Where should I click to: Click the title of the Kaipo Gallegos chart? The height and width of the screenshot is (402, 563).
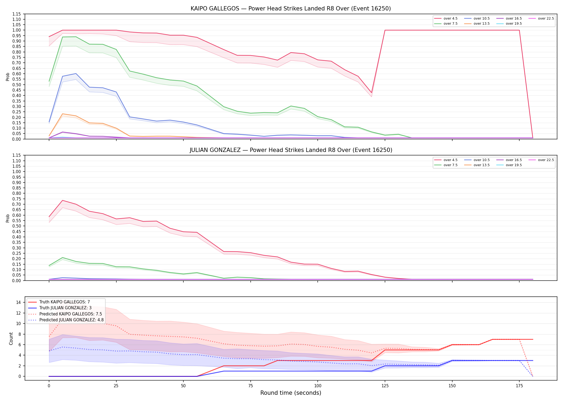(x=291, y=9)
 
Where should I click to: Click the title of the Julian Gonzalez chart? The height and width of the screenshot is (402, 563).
(x=291, y=150)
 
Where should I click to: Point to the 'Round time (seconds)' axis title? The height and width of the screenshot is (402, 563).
(x=291, y=393)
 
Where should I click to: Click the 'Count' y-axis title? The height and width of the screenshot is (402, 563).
(x=11, y=338)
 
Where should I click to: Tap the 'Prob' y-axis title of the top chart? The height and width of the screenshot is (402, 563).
(x=8, y=77)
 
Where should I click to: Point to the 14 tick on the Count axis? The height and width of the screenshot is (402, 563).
(x=18, y=302)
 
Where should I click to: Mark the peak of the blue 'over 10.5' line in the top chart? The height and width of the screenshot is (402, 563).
(x=76, y=73)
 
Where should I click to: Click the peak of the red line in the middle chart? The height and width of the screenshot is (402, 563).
(x=62, y=200)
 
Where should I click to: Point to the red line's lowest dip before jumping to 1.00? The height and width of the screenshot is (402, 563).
(x=371, y=93)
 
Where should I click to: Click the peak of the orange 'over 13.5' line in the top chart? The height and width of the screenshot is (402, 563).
(x=62, y=114)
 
